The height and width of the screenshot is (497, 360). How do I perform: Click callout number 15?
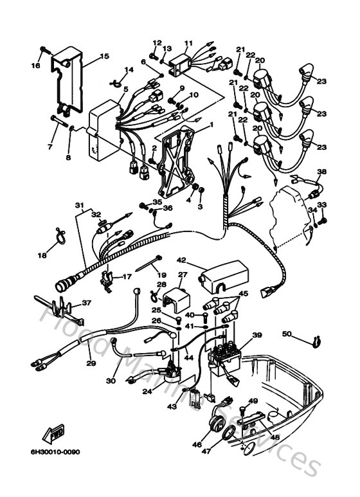(x=105, y=57)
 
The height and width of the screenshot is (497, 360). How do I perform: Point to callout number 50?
(x=287, y=333)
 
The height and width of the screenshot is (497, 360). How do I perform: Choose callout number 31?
(x=79, y=205)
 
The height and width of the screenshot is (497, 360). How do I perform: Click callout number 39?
(x=257, y=335)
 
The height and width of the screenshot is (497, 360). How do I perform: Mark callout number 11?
(x=188, y=44)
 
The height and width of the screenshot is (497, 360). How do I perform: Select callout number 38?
(x=322, y=172)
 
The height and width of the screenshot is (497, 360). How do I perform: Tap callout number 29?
(x=90, y=363)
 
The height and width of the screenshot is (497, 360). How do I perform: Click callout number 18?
(x=42, y=255)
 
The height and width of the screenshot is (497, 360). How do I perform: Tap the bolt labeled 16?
(x=44, y=50)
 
